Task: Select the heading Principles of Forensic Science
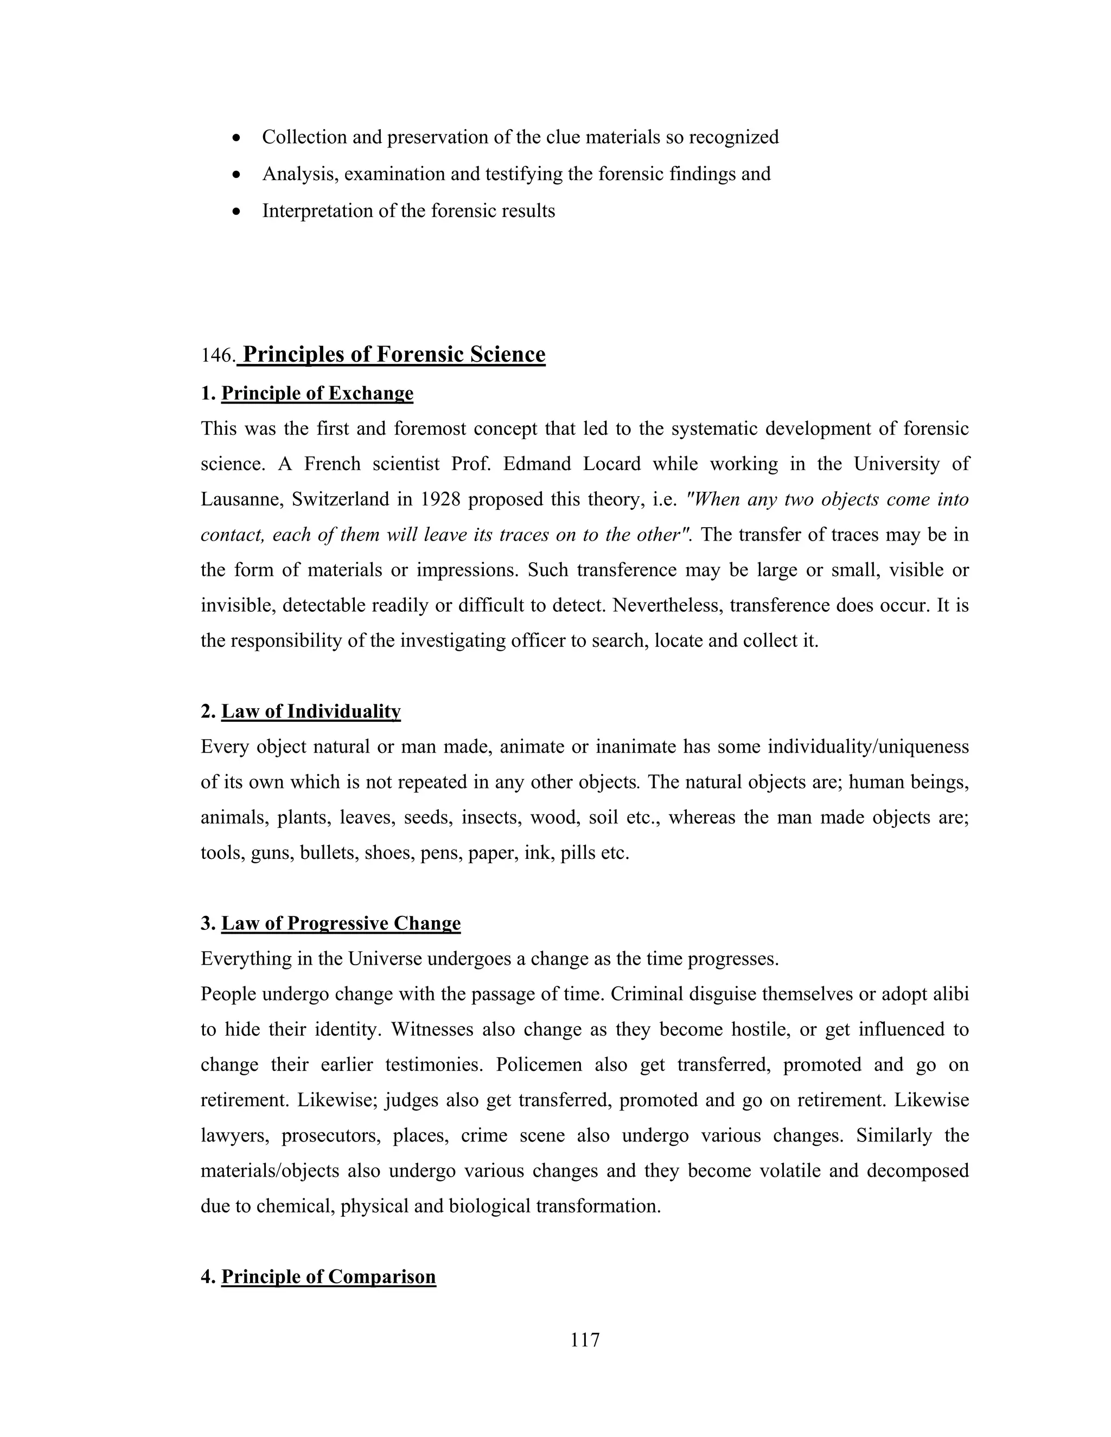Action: pos(394,355)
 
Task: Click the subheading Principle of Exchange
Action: pos(317,394)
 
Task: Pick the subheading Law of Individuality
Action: pos(311,711)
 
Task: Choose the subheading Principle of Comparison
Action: pos(328,1276)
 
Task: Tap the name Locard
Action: pos(611,464)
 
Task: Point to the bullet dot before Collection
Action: pos(237,138)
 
